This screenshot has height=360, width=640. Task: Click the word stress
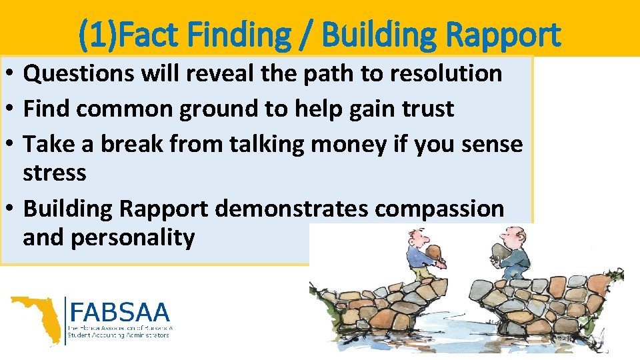[54, 173]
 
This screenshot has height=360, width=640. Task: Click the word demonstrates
[291, 209]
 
